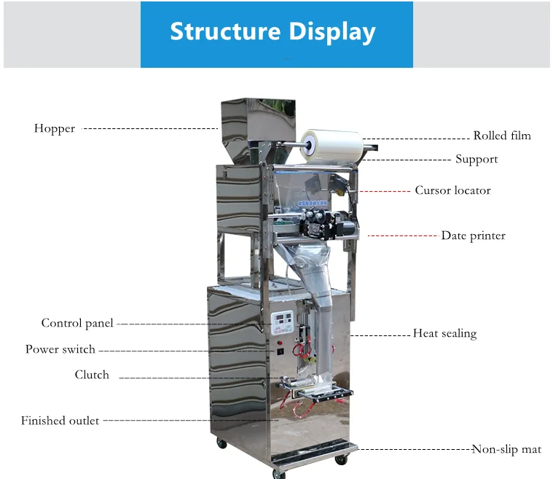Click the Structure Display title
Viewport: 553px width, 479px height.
point(272,32)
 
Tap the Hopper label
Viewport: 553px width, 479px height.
point(55,129)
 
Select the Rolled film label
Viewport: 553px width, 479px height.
point(501,136)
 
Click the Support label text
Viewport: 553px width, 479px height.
point(476,159)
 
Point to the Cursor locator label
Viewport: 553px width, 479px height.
point(452,190)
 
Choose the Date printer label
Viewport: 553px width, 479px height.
point(473,235)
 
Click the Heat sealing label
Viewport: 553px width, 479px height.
point(444,334)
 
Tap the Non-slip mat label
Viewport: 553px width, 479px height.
point(506,449)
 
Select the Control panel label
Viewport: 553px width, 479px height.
point(77,323)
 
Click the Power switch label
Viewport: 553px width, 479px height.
point(60,349)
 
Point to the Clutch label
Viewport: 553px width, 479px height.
point(92,375)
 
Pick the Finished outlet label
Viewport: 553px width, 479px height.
point(60,421)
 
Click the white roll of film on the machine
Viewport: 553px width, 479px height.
point(332,145)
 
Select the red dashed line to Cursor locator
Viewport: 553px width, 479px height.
point(385,191)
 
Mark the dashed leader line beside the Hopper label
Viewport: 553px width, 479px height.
point(149,128)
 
